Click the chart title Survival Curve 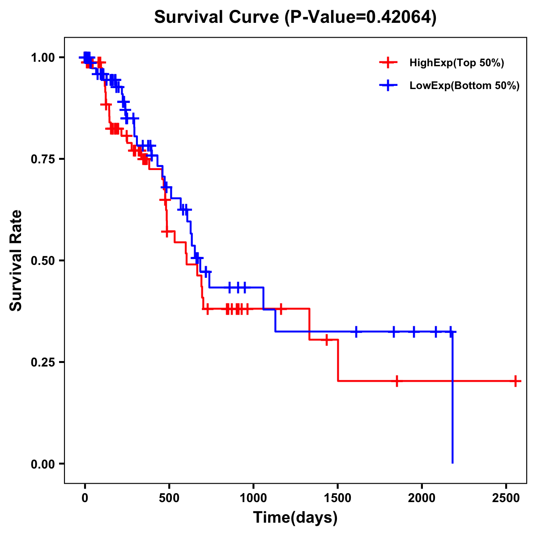217,17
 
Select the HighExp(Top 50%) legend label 456,63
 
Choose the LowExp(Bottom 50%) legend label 464,86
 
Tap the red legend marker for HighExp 388,63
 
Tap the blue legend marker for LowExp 388,86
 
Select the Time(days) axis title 295,518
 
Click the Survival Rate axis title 16,260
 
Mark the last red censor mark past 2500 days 516,381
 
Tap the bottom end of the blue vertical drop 452,462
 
